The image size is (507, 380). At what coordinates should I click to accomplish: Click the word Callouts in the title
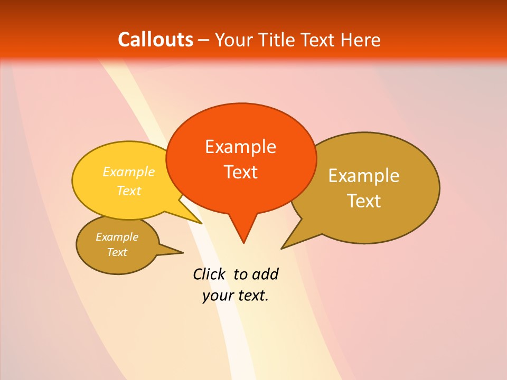(x=155, y=40)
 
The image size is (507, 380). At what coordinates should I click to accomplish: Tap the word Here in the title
(x=361, y=40)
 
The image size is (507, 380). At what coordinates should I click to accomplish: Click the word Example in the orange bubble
(x=240, y=147)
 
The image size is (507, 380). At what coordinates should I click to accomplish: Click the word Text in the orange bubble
(x=240, y=172)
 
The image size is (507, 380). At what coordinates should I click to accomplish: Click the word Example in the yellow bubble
(x=128, y=172)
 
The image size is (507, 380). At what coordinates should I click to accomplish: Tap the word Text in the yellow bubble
(x=128, y=191)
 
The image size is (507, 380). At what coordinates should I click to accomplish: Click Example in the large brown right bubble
(x=364, y=176)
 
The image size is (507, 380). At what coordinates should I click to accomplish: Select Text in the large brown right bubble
(x=364, y=201)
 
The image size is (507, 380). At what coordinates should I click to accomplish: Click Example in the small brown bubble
(x=117, y=237)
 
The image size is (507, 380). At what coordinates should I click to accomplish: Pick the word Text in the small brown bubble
(x=117, y=252)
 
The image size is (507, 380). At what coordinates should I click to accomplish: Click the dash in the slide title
(x=204, y=40)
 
